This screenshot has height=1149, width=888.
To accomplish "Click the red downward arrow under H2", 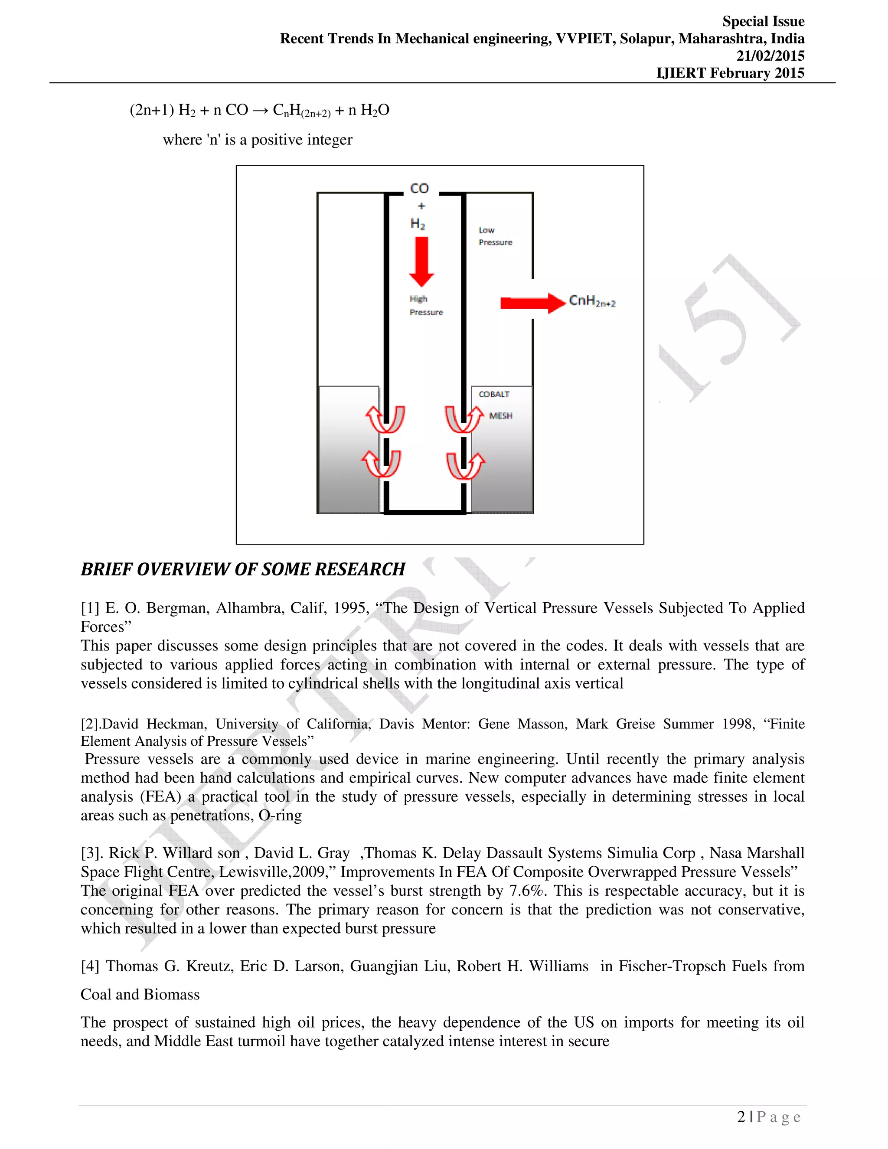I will (x=421, y=261).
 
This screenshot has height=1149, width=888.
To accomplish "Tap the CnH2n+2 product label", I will (x=592, y=301).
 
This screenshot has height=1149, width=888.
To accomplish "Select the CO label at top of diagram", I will (x=419, y=188).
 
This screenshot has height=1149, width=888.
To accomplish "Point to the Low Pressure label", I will (x=494, y=236).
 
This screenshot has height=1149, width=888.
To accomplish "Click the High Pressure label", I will (x=426, y=306).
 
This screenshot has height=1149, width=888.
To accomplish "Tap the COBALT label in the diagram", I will (x=493, y=394).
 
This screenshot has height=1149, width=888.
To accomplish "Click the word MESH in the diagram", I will (x=500, y=416).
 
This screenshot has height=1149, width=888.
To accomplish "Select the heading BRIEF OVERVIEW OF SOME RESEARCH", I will (x=242, y=569).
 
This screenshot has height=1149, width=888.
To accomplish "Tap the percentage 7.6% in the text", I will (x=528, y=891).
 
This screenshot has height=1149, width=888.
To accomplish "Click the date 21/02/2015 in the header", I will (x=770, y=56).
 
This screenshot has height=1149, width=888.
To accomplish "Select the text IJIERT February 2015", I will (x=730, y=73).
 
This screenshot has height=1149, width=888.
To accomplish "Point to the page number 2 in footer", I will (x=741, y=1117).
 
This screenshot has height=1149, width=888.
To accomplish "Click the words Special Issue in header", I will (x=763, y=22).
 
